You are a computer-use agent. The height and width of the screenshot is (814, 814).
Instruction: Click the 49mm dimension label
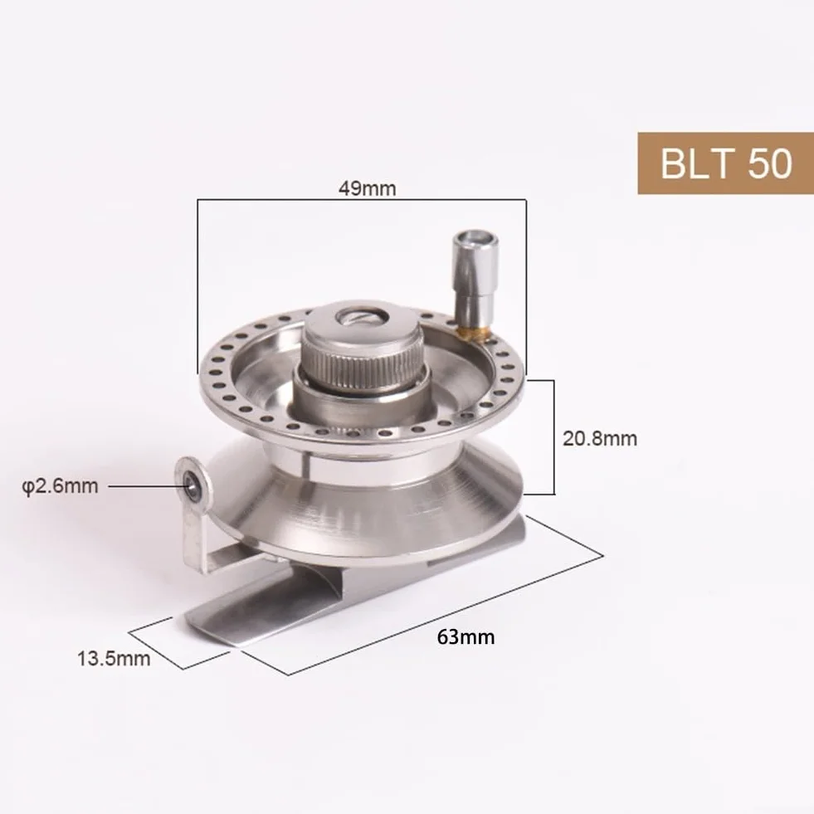pos(367,188)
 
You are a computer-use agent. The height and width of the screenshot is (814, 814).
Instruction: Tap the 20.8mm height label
pos(600,439)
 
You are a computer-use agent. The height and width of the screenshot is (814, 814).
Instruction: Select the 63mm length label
pos(465,636)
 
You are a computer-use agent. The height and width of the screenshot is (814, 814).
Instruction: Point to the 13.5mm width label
pos(114,658)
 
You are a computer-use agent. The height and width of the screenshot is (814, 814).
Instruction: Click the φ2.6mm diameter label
pos(61,486)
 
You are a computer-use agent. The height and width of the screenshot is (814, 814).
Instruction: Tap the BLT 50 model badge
pos(726,163)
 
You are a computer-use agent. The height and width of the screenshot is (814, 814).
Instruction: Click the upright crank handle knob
pos(475,280)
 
